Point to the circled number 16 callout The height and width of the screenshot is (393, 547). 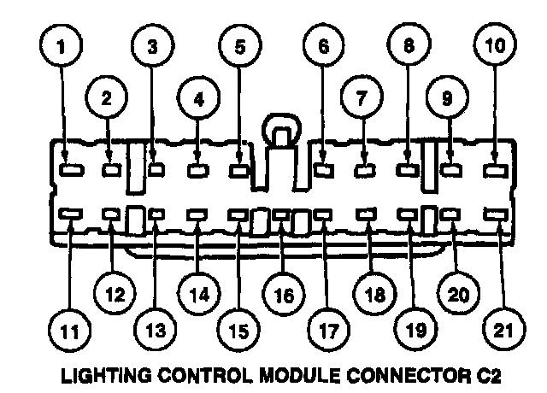[282, 296]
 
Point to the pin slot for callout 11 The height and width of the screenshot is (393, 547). [69, 215]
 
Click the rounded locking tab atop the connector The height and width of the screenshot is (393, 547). [279, 132]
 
